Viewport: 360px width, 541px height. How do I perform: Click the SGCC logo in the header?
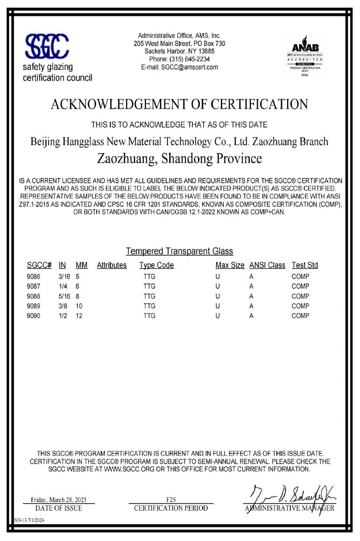[48, 48]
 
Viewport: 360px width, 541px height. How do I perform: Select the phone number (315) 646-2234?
[179, 59]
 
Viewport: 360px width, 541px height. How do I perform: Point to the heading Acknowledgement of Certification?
[179, 104]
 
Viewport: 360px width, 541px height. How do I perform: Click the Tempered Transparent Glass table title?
[179, 251]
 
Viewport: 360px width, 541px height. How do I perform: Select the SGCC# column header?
[39, 265]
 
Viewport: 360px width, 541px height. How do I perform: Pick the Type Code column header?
[157, 265]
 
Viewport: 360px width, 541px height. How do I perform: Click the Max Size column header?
[230, 265]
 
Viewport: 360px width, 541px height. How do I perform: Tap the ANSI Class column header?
[267, 265]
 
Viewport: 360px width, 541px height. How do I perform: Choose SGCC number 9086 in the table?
[34, 276]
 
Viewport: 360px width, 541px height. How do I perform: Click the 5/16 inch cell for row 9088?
[64, 296]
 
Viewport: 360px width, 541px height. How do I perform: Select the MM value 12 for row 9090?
[80, 315]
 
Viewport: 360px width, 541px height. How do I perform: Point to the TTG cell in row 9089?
[149, 306]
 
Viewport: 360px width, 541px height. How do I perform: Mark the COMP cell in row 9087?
[300, 286]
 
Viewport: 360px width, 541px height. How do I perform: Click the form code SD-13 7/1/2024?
[30, 520]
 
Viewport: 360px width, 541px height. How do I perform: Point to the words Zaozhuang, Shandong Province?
[179, 159]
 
